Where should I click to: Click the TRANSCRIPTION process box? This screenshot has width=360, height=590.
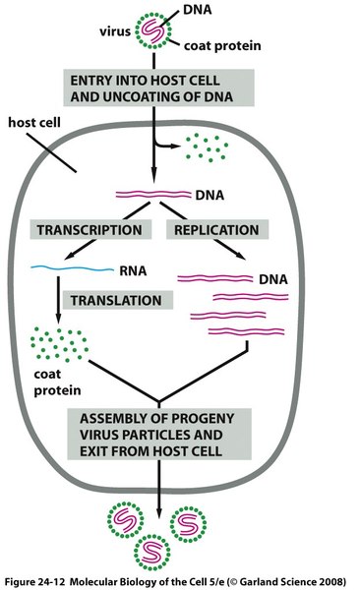coord(90,229)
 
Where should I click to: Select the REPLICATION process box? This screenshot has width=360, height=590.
coord(217,229)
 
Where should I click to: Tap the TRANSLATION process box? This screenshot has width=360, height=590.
coord(117,300)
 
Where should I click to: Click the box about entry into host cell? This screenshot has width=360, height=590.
coord(158,88)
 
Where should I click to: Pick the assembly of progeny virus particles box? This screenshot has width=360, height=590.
coord(159,435)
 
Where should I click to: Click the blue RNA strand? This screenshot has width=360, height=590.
coord(72,268)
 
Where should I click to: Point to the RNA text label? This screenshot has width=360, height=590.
coord(133,271)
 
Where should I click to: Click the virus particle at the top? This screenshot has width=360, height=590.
coord(152,30)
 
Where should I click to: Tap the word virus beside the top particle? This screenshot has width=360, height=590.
coord(115,31)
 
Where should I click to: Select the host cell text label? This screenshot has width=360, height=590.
coord(34,122)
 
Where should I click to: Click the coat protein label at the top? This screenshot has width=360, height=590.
coord(222,45)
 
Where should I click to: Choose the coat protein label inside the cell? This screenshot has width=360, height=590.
coord(57,382)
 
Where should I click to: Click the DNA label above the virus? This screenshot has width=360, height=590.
coord(198,10)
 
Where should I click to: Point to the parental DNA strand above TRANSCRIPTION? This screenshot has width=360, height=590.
coord(153,194)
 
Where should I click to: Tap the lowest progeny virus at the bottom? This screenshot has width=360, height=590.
coord(152,553)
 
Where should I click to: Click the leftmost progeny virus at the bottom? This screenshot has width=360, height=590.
coord(125,519)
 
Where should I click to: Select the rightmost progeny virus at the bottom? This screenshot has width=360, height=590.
coord(188,524)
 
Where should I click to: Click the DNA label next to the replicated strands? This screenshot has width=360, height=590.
coord(273,279)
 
